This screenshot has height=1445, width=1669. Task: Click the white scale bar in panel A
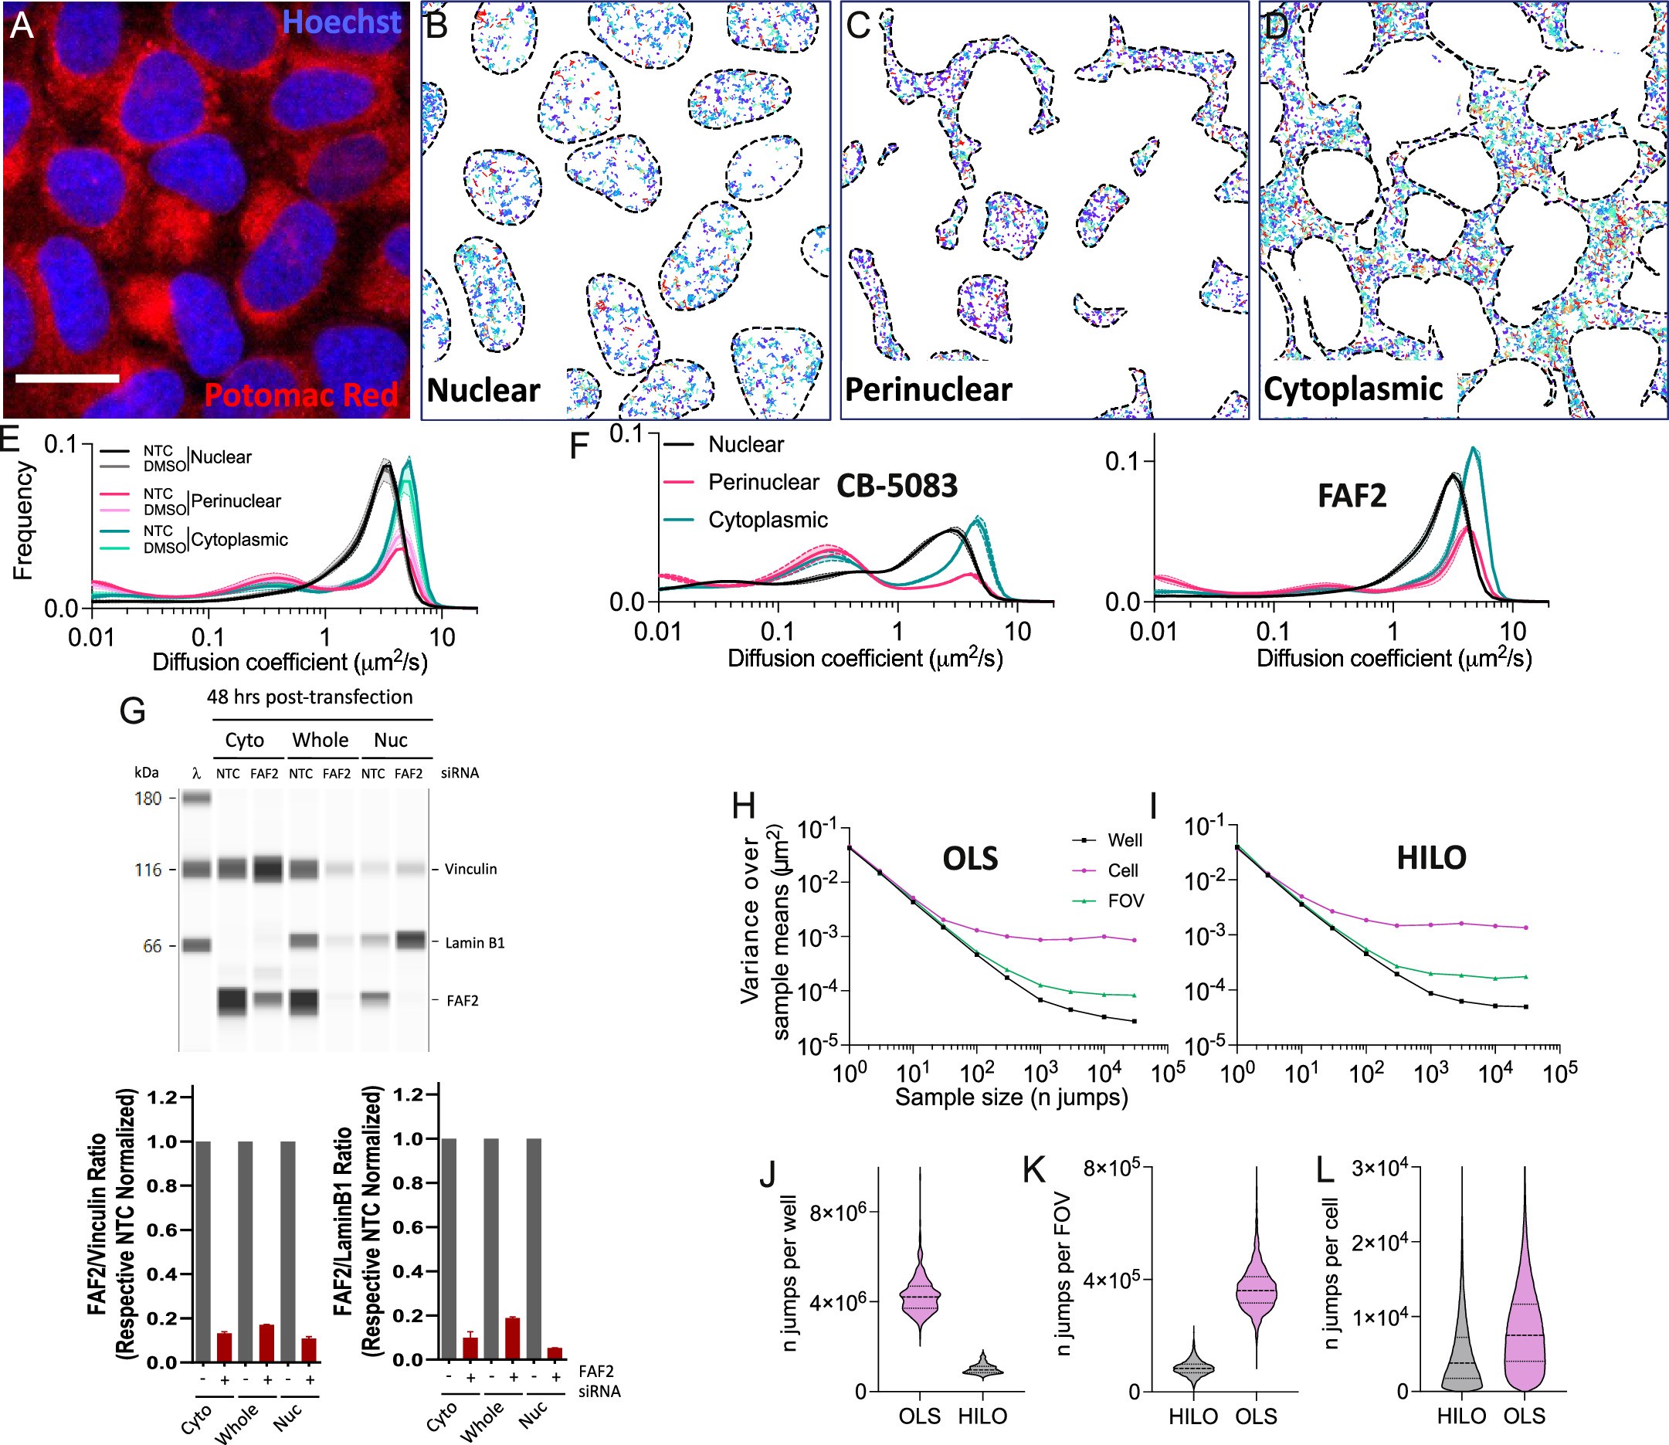coord(67,378)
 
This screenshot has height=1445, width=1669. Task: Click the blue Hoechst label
coord(341,22)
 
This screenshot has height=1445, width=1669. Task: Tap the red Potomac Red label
coord(300,395)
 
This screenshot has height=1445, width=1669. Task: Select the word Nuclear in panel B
coord(483,390)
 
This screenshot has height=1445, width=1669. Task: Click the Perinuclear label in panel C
coord(928,390)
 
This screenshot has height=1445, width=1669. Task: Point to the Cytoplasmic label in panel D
coord(1352,388)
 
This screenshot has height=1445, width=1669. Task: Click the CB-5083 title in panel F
coord(897,486)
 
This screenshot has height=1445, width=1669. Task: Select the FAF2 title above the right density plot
coord(1352,495)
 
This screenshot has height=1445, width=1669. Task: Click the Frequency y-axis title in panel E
coord(22,520)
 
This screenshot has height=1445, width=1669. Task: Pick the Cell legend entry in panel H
coord(1122,870)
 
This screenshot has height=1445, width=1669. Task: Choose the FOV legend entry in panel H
coord(1125,901)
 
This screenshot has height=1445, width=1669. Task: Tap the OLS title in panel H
coord(970,858)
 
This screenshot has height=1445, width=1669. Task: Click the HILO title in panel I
coord(1430,857)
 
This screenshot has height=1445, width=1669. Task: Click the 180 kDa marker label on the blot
coord(148,799)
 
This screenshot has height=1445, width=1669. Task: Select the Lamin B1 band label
coord(474,943)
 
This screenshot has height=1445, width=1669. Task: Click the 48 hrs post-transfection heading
coord(310,697)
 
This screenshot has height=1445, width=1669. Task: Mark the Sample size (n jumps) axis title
coord(1011,1097)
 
